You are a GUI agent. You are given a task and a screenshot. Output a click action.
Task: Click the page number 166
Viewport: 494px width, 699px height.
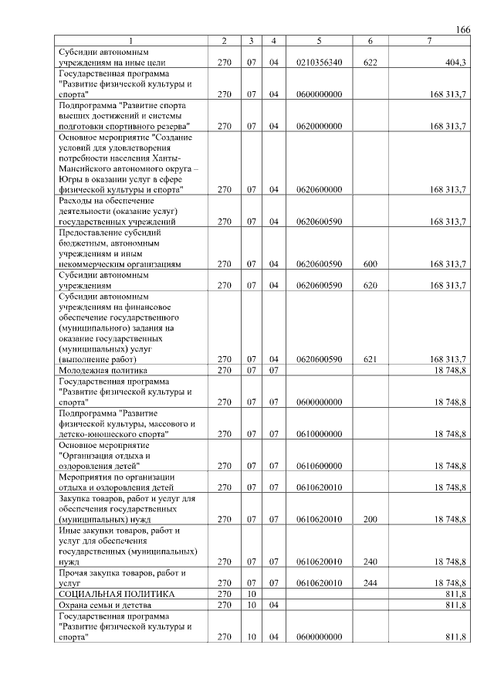tap(463, 29)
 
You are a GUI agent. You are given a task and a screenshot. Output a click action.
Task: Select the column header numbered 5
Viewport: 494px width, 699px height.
tap(319, 40)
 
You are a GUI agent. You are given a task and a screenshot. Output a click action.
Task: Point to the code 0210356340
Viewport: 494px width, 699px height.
tap(319, 62)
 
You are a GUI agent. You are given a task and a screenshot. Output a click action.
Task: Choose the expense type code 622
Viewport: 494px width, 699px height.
tap(370, 62)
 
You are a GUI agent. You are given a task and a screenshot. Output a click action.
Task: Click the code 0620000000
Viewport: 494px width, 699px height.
tap(319, 125)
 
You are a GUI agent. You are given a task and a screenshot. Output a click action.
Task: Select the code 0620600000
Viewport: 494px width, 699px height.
tap(319, 189)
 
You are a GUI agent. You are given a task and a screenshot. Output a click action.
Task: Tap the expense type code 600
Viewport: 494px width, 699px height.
tap(370, 264)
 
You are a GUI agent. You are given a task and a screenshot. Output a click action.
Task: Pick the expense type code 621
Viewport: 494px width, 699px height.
tap(370, 359)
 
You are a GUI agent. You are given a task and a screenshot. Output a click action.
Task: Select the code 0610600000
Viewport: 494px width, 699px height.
tap(319, 466)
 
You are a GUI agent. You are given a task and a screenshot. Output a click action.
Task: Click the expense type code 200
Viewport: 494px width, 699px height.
tap(370, 521)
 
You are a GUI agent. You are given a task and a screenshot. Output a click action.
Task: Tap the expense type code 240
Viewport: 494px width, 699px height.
tap(370, 562)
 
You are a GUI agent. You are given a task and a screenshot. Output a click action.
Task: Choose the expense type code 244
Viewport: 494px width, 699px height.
tap(370, 583)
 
